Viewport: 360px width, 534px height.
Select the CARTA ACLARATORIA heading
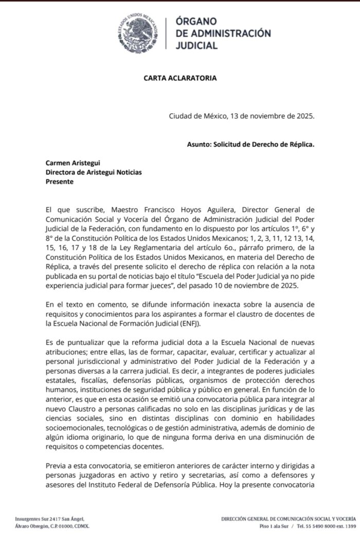pos(179,78)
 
